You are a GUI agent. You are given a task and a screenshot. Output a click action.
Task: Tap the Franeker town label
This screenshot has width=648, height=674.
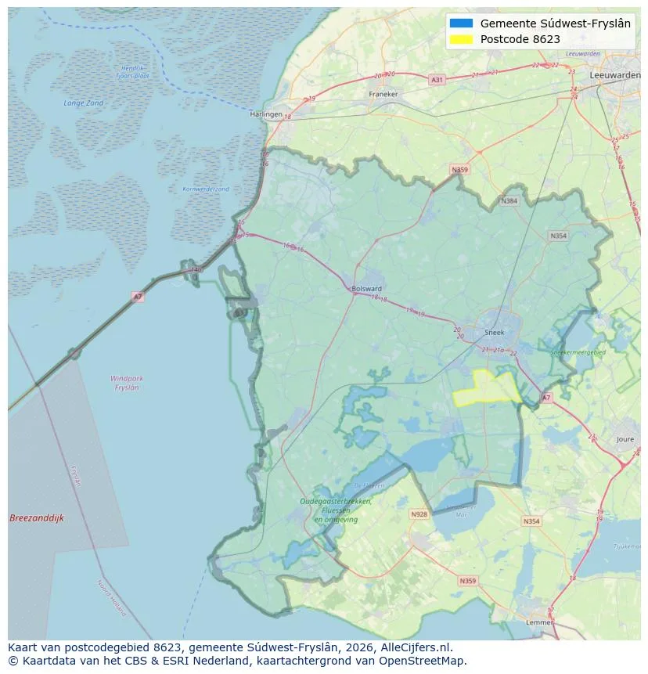coord(383,94)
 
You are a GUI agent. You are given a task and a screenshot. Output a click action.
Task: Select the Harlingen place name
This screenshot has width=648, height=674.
coord(265,114)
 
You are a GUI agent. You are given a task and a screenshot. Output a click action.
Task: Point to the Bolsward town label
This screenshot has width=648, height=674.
coord(367,288)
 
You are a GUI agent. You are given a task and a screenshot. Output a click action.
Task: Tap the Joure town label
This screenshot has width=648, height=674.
coord(625,439)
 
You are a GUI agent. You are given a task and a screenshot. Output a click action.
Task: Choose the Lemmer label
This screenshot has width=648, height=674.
coord(540,623)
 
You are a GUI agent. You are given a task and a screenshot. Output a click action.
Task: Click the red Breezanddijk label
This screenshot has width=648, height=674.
coord(36,518)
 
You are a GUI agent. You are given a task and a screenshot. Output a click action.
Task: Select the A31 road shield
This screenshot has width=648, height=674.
coord(437,80)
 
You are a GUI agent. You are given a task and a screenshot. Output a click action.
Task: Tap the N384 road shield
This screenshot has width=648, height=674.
coord(509,201)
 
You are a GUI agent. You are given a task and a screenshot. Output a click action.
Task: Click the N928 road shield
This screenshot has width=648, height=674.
coord(419,514)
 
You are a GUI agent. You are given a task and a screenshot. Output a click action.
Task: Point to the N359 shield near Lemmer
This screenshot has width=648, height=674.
coord(467,580)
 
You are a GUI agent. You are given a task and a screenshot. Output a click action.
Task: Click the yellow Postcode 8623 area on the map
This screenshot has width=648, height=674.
coord(489,387)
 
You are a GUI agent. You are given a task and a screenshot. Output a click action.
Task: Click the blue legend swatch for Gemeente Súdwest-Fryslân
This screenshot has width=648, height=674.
coord(462,23)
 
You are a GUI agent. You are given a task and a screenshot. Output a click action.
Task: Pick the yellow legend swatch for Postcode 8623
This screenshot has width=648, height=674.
coord(462,39)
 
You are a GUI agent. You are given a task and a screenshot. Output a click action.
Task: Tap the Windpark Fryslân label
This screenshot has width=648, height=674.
coord(125,383)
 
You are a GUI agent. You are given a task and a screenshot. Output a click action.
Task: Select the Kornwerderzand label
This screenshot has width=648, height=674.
coord(206,189)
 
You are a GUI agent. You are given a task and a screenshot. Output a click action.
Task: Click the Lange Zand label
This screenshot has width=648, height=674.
coord(83,103)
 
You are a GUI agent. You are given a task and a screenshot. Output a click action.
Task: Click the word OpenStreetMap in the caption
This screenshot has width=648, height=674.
coord(427,661)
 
